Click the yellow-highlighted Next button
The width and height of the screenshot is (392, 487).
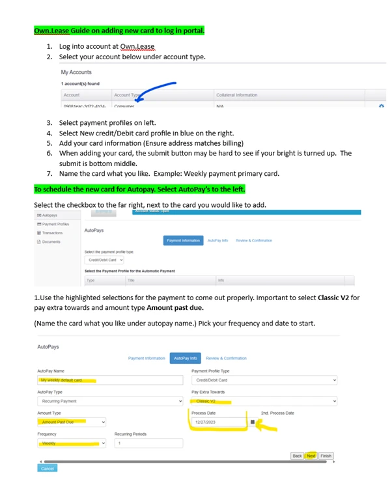pos(311,456)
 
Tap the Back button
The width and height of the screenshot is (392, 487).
pos(297,456)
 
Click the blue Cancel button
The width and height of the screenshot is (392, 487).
pos(48,468)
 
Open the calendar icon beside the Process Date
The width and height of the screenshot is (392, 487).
pos(253,422)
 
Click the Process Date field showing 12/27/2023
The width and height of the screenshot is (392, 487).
pos(218,422)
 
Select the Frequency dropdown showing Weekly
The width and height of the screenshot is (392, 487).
pos(70,443)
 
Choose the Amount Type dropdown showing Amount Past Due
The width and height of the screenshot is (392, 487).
pos(70,422)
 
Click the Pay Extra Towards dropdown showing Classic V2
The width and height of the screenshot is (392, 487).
pos(264,401)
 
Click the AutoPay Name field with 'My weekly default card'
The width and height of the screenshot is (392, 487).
pos(109,380)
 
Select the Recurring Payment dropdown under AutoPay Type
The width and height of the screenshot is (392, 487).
pos(109,401)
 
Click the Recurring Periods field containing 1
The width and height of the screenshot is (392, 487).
pos(148,443)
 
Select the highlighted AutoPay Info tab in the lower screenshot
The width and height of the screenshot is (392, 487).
pos(185,358)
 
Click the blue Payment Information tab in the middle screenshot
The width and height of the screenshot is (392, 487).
pos(183,240)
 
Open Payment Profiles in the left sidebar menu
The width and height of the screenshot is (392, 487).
pos(53,224)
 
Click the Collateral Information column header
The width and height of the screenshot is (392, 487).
pos(236,95)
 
